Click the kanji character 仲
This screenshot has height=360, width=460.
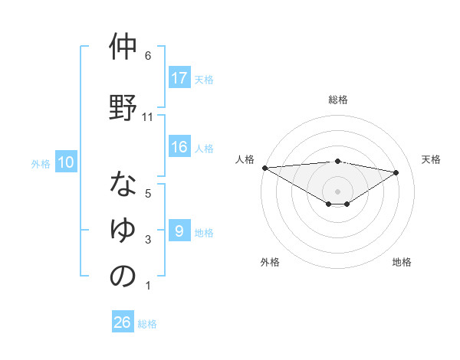tap(123, 47)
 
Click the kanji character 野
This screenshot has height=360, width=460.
tap(123, 106)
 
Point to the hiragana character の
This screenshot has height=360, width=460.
tap(123, 276)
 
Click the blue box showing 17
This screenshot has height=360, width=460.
tap(179, 77)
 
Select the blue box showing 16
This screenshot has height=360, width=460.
tap(179, 147)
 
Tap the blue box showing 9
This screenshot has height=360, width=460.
tap(179, 231)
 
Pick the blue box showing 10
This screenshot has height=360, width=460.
tap(66, 162)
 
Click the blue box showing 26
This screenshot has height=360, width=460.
tap(123, 322)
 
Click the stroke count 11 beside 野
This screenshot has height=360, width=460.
tap(148, 116)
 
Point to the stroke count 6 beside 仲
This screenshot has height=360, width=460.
tap(147, 56)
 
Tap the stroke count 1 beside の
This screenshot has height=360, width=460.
tap(147, 286)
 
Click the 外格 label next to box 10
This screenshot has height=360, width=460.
tap(40, 163)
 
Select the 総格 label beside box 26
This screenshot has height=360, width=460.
tap(147, 323)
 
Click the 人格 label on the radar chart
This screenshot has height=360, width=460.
tap(245, 159)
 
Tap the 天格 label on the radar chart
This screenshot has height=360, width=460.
tap(431, 159)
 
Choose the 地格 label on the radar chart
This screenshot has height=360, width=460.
tap(402, 262)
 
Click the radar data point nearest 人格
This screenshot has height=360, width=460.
tap(264, 167)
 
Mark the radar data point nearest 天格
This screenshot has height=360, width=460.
tap(396, 172)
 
